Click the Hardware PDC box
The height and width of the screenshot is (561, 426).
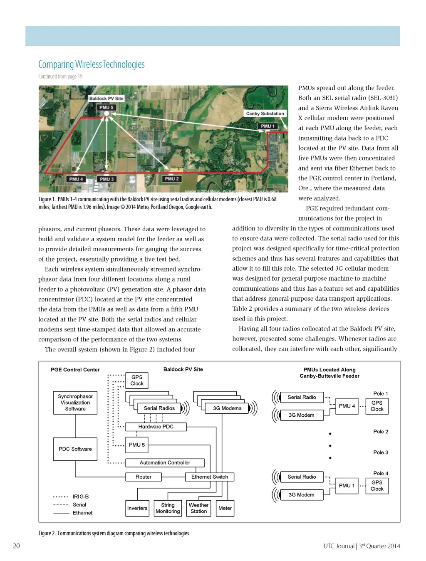[x=156, y=427]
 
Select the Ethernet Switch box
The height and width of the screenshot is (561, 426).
[x=210, y=477]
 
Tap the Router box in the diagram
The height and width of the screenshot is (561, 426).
[x=144, y=477]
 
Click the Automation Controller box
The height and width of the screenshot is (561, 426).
[x=165, y=462]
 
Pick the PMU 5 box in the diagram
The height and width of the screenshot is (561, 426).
[x=137, y=445]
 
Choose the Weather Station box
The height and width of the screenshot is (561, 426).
[x=199, y=508]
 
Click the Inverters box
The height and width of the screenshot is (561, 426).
[x=137, y=508]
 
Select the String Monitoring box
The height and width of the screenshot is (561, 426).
[x=168, y=508]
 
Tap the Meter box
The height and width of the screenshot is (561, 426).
[x=225, y=508]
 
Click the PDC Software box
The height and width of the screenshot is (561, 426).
[x=75, y=449]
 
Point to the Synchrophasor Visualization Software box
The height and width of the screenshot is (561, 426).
[x=75, y=403]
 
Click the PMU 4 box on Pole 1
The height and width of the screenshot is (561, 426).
[x=347, y=406]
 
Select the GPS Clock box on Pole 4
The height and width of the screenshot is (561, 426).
[x=377, y=486]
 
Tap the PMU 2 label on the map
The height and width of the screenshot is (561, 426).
[x=172, y=179]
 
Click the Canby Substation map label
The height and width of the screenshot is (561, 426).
[x=265, y=114]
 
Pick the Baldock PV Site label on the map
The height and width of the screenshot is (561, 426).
[x=106, y=99]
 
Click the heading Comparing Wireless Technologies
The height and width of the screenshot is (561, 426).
[x=92, y=64]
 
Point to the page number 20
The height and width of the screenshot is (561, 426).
[x=17, y=546]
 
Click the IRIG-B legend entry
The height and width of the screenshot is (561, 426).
[x=80, y=497]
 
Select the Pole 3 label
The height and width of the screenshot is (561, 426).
[x=381, y=452]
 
